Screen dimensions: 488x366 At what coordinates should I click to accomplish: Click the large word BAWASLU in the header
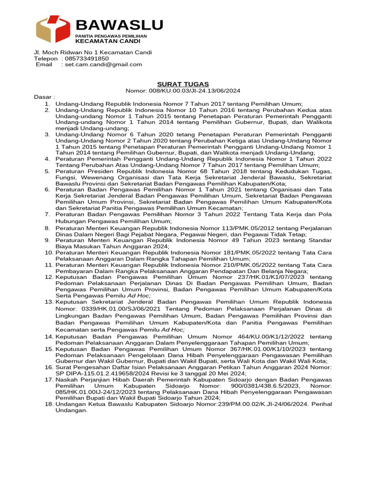pos(119,25)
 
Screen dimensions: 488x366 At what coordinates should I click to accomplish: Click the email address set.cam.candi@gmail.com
pos(103,64)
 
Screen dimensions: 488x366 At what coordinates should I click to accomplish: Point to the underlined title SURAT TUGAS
pos(183,84)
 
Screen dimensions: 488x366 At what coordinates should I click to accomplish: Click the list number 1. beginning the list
pos(47,103)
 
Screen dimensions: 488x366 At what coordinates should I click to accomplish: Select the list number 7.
pos(47,214)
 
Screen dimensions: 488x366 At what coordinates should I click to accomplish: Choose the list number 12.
pos(49,277)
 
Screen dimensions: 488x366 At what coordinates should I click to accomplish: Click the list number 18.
pos(49,404)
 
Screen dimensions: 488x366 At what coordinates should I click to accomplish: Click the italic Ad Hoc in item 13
pos(173,329)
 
